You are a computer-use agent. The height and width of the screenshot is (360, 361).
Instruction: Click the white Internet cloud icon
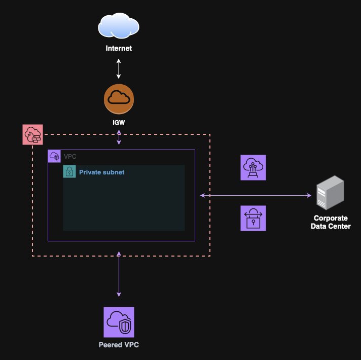[x=119, y=25]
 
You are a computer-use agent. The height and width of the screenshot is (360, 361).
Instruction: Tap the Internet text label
[x=119, y=49]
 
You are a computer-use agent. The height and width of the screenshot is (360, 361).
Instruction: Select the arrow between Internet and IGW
[x=119, y=68]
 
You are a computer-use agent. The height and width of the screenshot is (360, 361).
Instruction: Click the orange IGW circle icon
[x=119, y=99]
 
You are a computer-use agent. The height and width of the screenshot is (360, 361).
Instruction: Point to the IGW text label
[x=119, y=123]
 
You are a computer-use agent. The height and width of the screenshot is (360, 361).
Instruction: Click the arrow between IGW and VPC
[x=119, y=137]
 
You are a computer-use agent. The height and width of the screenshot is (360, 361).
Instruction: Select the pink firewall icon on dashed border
[x=33, y=134]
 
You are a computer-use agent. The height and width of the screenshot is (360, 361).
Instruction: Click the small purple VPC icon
[x=54, y=156]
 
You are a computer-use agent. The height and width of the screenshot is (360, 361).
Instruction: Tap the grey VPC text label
[x=70, y=157]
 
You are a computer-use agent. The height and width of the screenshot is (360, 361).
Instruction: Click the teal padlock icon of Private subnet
[x=69, y=171]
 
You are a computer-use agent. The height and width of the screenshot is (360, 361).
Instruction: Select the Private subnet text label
[x=101, y=172]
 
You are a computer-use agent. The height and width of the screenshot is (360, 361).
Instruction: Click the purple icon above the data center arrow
[x=253, y=167]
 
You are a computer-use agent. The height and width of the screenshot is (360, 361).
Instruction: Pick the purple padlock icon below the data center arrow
[x=253, y=219]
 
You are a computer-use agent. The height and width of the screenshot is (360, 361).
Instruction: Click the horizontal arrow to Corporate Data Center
[x=256, y=195]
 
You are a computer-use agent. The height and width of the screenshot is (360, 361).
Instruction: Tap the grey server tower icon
[x=330, y=193]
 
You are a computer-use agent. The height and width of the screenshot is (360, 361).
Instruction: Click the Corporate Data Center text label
[x=331, y=222]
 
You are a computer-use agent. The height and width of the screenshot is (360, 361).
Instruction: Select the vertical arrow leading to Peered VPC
[x=119, y=274]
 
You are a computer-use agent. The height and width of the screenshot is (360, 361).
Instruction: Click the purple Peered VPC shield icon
[x=119, y=322]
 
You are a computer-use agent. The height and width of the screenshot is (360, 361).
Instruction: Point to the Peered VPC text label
[x=119, y=345]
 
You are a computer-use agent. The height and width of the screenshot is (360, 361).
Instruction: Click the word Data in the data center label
[x=318, y=226]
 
